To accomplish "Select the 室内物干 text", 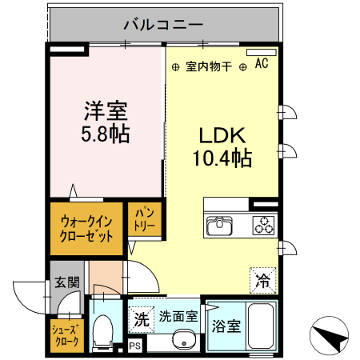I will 208,67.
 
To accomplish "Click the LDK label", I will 221,134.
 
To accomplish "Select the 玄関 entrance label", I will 66,282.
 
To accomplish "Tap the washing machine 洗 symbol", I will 141,318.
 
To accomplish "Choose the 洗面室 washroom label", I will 178,316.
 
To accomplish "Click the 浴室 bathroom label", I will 226,326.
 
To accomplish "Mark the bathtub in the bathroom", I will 261,328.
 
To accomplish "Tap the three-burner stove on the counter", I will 262,226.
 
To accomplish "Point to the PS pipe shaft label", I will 134,346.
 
